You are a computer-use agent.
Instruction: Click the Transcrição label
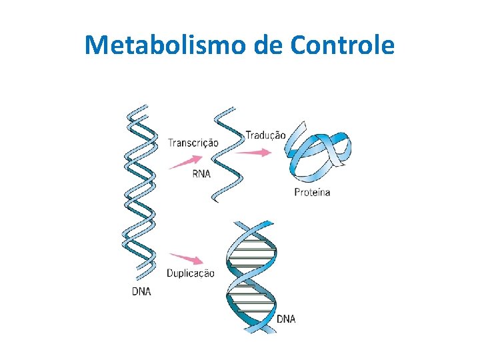pyautogui.click(x=193, y=142)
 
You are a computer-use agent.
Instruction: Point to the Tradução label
pyautogui.click(x=265, y=135)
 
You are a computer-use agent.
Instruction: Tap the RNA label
pyautogui.click(x=201, y=174)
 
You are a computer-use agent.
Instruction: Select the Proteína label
pyautogui.click(x=312, y=193)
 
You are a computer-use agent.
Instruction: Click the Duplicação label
pyautogui.click(x=191, y=273)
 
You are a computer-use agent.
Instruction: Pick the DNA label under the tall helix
pyautogui.click(x=141, y=291)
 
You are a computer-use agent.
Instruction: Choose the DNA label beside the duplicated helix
pyautogui.click(x=285, y=319)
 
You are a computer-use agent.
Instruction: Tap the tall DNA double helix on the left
pyautogui.click(x=139, y=193)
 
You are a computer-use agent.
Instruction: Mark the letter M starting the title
pyautogui.click(x=97, y=45)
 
